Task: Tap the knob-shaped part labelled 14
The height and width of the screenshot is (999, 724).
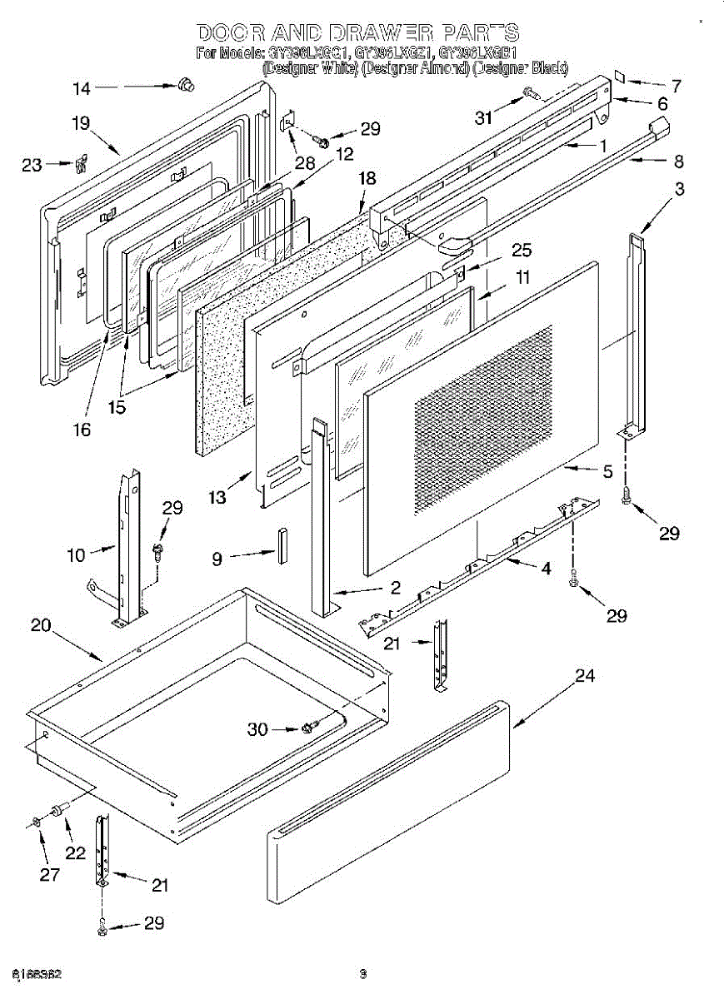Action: (185, 83)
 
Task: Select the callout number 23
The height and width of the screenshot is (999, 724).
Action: (31, 165)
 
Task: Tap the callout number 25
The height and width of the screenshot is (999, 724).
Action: (522, 250)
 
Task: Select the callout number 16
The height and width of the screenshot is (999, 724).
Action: (81, 430)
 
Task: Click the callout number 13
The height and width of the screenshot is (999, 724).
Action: (217, 497)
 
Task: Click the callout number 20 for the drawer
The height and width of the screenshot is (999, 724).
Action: (41, 626)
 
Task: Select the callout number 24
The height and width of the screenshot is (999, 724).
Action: (586, 676)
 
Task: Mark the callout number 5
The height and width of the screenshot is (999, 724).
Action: (608, 471)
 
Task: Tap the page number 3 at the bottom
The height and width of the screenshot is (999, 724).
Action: (362, 973)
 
